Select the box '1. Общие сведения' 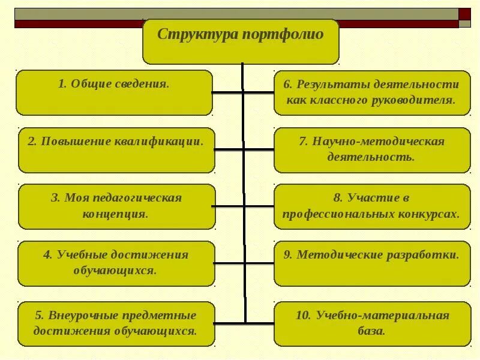click(x=114, y=92)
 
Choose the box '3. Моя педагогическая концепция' click(x=116, y=206)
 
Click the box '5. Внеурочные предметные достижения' click(x=116, y=323)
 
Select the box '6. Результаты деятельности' click(x=372, y=92)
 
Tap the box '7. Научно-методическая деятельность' click(x=372, y=150)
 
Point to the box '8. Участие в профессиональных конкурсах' click(x=372, y=206)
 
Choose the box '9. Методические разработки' click(x=372, y=263)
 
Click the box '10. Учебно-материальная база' click(x=372, y=323)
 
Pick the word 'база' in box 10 click(x=373, y=331)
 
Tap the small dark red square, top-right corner click(x=465, y=14)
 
